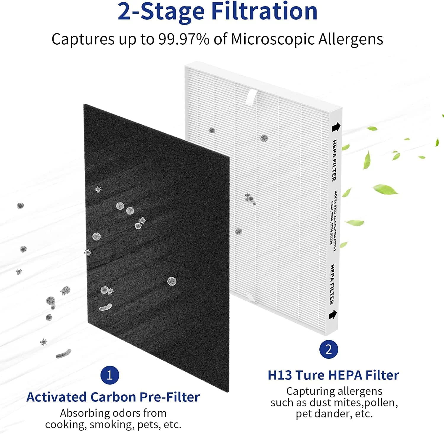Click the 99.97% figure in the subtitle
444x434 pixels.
click(184, 39)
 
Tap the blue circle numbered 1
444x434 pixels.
click(110, 375)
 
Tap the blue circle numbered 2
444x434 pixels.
click(329, 349)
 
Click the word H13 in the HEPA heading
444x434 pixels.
click(280, 375)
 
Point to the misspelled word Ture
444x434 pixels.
click(310, 375)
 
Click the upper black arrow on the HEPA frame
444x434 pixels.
click(336, 127)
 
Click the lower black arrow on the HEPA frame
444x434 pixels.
click(333, 314)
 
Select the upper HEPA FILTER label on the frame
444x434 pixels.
click(334, 160)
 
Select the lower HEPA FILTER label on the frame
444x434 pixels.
click(332, 284)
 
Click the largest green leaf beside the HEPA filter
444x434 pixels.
click(386, 189)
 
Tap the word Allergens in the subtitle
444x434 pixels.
click(350, 39)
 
